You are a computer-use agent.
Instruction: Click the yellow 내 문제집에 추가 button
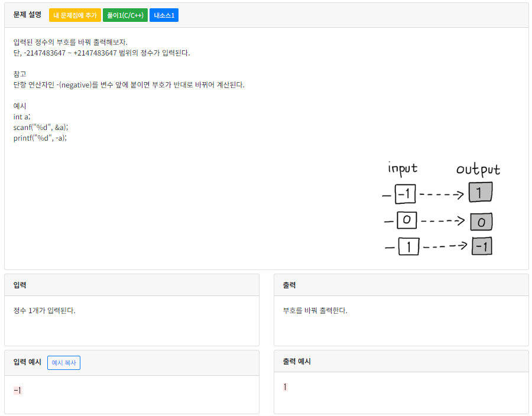click(75, 15)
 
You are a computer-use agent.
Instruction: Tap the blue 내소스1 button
click(164, 15)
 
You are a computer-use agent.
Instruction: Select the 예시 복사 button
click(64, 363)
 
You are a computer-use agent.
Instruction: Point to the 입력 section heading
click(20, 285)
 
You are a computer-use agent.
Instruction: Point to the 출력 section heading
click(289, 285)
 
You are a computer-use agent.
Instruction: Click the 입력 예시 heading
click(27, 362)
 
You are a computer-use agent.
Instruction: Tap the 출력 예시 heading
click(297, 362)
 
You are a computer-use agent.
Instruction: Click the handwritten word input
click(402, 168)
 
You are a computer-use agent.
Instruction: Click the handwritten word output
click(478, 170)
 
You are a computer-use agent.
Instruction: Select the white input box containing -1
click(406, 194)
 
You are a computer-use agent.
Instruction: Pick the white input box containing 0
click(407, 221)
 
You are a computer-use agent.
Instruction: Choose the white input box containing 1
click(408, 246)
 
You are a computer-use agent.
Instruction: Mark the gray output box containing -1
click(482, 246)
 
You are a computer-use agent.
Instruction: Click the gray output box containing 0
click(481, 222)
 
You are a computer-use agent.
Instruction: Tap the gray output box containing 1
click(481, 192)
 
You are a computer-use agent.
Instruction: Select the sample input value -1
click(17, 390)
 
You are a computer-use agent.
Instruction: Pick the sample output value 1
click(285, 387)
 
